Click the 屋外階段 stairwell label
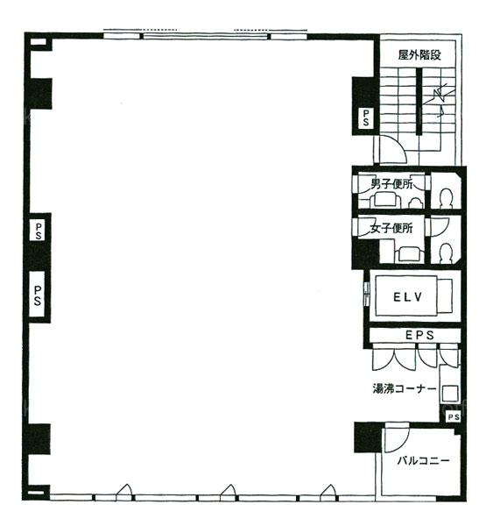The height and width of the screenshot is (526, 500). tap(419, 54)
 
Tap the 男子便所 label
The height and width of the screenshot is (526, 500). tap(391, 184)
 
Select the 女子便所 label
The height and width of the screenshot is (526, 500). tap(391, 229)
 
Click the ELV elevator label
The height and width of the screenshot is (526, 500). tap(407, 297)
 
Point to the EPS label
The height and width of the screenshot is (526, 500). tap(419, 335)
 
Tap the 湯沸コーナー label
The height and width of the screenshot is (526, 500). tap(405, 388)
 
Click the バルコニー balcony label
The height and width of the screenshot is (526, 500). tap(423, 460)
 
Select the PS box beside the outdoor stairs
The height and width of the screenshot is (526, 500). tap(366, 117)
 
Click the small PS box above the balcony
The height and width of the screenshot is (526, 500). tap(453, 417)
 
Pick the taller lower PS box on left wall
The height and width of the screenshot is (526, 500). tap(37, 295)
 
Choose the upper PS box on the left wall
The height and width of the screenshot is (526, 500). tap(38, 231)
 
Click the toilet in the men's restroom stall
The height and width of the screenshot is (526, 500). tap(446, 199)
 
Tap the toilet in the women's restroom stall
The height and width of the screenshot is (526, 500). tap(446, 253)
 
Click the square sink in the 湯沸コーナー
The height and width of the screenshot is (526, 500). tap(449, 393)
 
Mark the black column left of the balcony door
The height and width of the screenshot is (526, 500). tap(368, 437)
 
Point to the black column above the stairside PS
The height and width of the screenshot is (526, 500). tap(363, 92)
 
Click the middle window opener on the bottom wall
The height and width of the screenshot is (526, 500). tap(229, 492)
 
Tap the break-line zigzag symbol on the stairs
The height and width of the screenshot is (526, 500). tap(439, 96)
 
